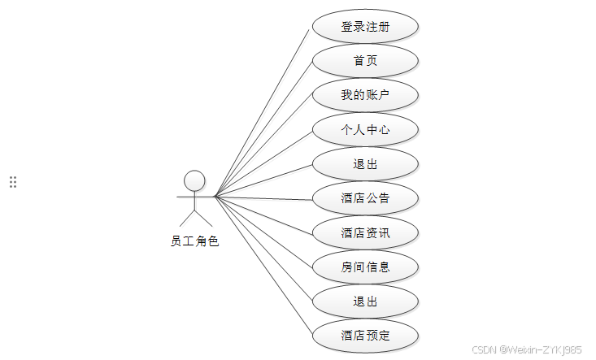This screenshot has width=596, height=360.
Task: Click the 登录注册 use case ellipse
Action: click(365, 27)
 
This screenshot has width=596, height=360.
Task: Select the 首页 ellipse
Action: click(365, 61)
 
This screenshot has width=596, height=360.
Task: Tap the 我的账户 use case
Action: click(365, 95)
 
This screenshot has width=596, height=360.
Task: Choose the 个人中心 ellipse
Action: click(365, 129)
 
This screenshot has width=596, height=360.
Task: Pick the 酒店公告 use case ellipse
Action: click(365, 198)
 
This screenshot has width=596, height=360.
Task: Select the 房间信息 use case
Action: click(365, 267)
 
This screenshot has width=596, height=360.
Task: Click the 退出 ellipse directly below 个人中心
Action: click(365, 164)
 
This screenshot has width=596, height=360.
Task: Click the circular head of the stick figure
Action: click(194, 180)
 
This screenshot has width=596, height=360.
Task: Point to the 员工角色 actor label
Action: click(194, 241)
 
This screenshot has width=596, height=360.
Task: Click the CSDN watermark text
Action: click(527, 349)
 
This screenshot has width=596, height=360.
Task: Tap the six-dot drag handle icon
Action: click(13, 182)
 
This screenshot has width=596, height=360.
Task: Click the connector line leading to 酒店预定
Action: click(263, 266)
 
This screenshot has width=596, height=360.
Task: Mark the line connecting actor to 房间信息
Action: click(263, 232)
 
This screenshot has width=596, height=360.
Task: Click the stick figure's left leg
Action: click(186, 218)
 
